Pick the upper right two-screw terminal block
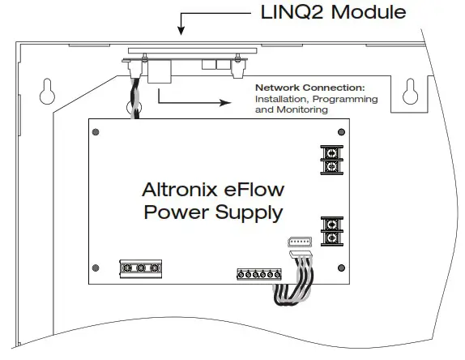coord(331,157)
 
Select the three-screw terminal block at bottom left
coord(139,268)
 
